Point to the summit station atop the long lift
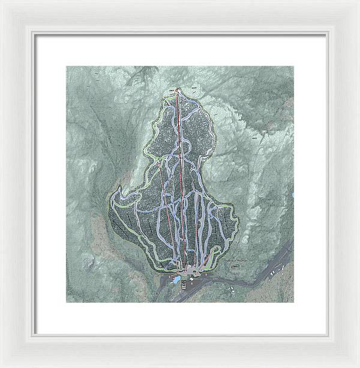point(178,90)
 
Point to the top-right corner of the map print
point(293,67)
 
